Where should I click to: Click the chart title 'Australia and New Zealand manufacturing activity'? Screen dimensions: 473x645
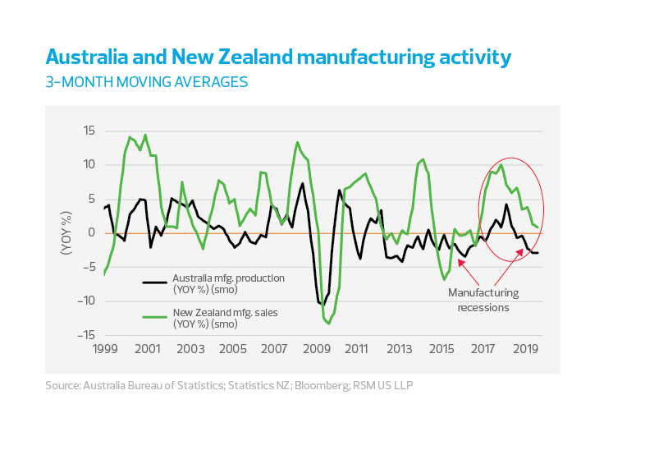(278, 57)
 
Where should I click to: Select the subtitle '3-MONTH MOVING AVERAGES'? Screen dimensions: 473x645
(146, 82)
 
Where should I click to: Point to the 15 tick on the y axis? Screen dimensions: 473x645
(88, 131)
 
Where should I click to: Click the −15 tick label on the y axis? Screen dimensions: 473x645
(85, 335)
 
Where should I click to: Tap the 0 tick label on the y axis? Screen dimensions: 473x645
(91, 232)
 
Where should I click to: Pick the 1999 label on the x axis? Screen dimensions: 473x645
(104, 349)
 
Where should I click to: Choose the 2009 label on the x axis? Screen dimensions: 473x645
(316, 349)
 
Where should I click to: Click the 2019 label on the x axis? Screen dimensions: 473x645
(526, 349)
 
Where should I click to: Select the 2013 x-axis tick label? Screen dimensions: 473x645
(400, 349)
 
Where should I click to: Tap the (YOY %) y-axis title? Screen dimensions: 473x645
(66, 232)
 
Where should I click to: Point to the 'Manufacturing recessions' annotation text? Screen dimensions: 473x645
(483, 300)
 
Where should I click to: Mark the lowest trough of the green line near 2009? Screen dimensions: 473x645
(329, 324)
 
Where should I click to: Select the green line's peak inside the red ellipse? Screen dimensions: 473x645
(501, 165)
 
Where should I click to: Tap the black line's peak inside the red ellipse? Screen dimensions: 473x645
(506, 204)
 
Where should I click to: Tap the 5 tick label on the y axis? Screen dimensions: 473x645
(91, 199)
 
